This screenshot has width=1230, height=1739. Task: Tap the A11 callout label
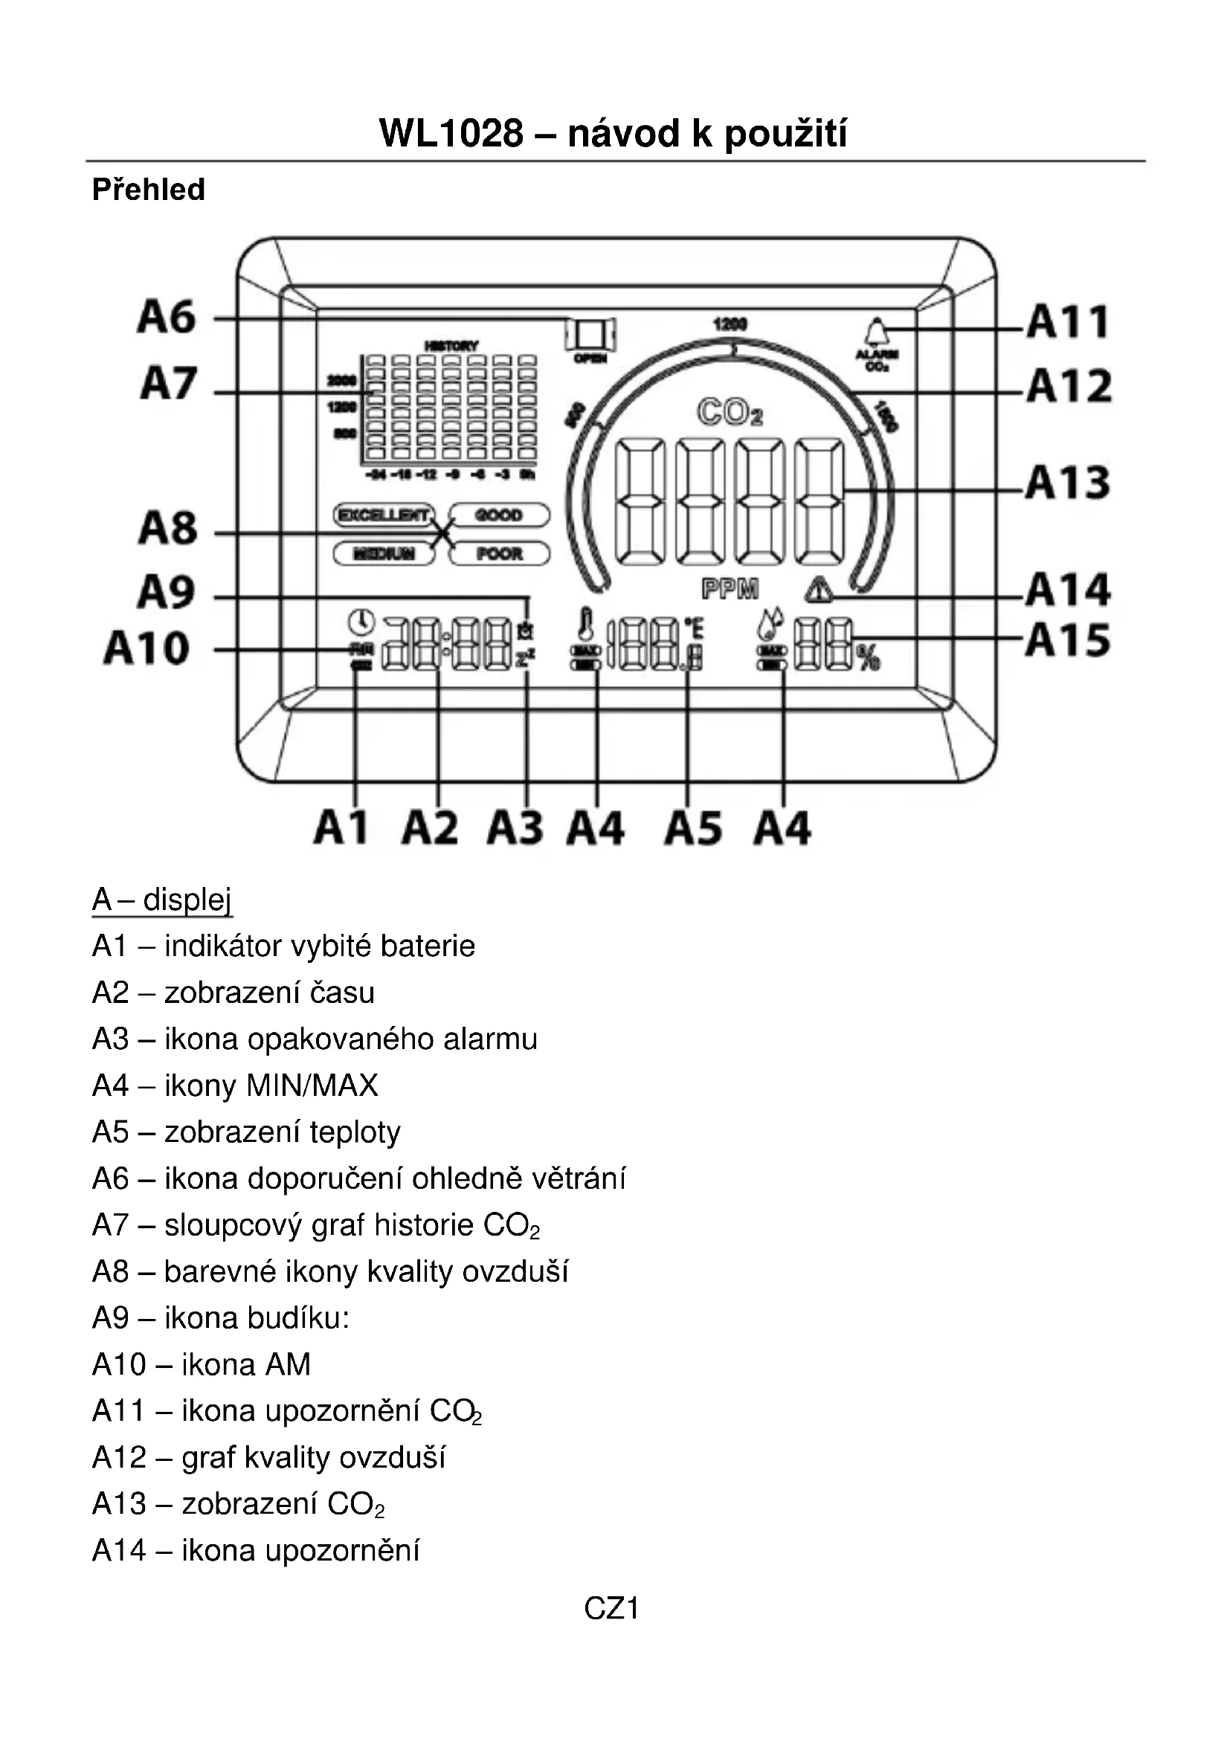pyautogui.click(x=1068, y=321)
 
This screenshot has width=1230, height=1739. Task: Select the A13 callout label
pyautogui.click(x=1068, y=483)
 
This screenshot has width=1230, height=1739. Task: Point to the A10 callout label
pyautogui.click(x=147, y=648)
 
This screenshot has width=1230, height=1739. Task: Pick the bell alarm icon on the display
pyautogui.click(x=876, y=332)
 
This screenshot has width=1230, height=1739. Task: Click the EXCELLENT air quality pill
pyautogui.click(x=384, y=515)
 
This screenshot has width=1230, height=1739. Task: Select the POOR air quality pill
pyautogui.click(x=499, y=554)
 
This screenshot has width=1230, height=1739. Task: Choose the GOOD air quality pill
pyautogui.click(x=499, y=515)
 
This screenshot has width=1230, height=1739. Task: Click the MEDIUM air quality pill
pyautogui.click(x=384, y=554)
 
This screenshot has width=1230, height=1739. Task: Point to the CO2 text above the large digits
pyautogui.click(x=730, y=413)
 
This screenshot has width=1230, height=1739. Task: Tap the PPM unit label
pyautogui.click(x=730, y=590)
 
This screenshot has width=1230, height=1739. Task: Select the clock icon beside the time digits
pyautogui.click(x=361, y=622)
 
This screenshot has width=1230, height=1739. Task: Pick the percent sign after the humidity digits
pyautogui.click(x=868, y=656)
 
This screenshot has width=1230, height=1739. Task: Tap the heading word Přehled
pyautogui.click(x=149, y=190)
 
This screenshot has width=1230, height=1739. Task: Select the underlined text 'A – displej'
pyautogui.click(x=161, y=899)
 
